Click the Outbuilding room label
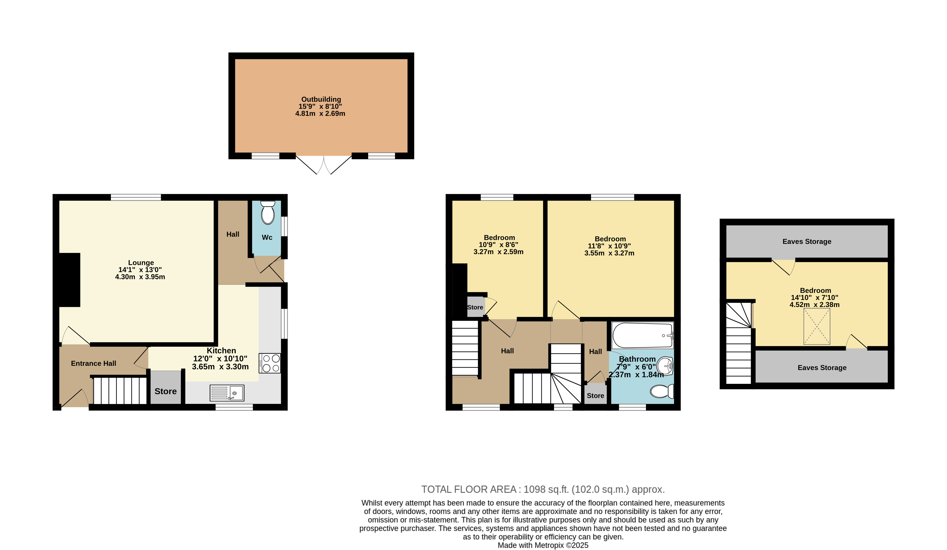[x=321, y=99]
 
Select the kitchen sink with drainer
[x=227, y=393]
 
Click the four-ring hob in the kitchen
[x=270, y=363]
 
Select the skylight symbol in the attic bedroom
[x=817, y=326]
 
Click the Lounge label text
[x=141, y=263]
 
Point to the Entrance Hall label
[x=94, y=363]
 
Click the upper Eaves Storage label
[x=807, y=241]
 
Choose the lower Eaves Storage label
[x=822, y=368]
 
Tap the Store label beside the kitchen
[x=166, y=391]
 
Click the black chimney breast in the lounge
[x=69, y=280]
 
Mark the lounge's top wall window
[x=136, y=197]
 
